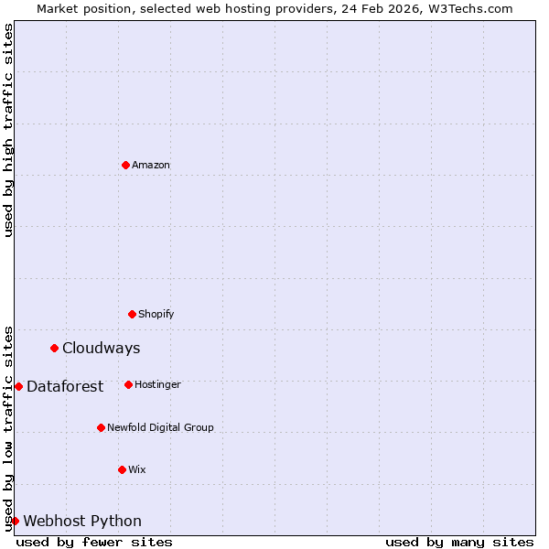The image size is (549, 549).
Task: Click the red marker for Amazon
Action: point(125,165)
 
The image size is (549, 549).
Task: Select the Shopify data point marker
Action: point(132,314)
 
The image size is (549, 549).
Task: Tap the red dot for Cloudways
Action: point(55,348)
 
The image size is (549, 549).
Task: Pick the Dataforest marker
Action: point(18,386)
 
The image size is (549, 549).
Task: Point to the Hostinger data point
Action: point(128,384)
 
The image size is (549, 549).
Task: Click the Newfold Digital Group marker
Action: point(101,427)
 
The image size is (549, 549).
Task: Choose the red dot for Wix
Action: point(122,469)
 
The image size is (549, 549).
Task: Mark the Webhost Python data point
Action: point(15,521)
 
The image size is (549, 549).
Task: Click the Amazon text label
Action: point(151,166)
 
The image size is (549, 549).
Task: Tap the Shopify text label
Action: point(156,315)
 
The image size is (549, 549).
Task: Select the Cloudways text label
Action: point(102,349)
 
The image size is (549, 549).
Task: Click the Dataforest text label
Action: point(65,387)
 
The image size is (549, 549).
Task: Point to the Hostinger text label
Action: point(157,385)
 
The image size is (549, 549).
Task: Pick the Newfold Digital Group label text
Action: point(160,428)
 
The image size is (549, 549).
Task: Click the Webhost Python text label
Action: point(82,522)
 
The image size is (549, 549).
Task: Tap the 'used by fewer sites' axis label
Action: point(94,543)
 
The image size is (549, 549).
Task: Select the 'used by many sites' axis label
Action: point(459,543)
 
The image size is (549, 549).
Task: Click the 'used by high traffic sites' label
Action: point(8,130)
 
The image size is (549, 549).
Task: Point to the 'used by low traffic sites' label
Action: point(8,428)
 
